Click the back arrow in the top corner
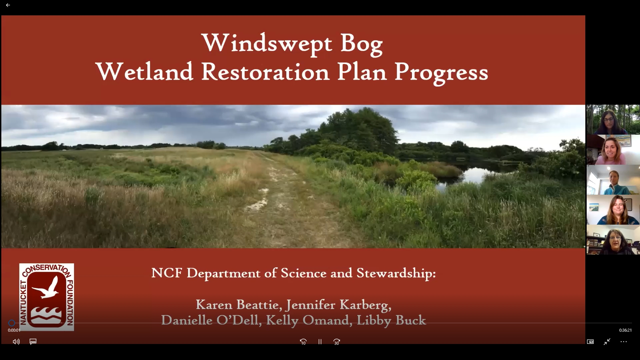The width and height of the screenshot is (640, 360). [8, 5]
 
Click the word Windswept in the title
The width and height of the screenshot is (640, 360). [267, 43]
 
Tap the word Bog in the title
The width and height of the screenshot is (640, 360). [361, 44]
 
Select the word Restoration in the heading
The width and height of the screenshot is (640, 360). [265, 72]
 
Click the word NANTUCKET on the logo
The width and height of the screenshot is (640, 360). [23, 302]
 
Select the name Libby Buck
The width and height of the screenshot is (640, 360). [391, 320]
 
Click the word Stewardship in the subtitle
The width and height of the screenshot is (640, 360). [396, 273]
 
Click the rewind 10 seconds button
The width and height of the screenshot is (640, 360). [303, 342]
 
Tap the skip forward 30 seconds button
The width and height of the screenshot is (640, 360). [337, 342]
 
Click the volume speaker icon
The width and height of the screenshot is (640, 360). [16, 342]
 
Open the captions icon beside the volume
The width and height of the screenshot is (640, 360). [33, 342]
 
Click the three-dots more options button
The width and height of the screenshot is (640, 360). [624, 342]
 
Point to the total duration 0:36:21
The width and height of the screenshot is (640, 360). [625, 330]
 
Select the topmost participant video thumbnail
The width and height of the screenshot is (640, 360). [613, 120]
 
